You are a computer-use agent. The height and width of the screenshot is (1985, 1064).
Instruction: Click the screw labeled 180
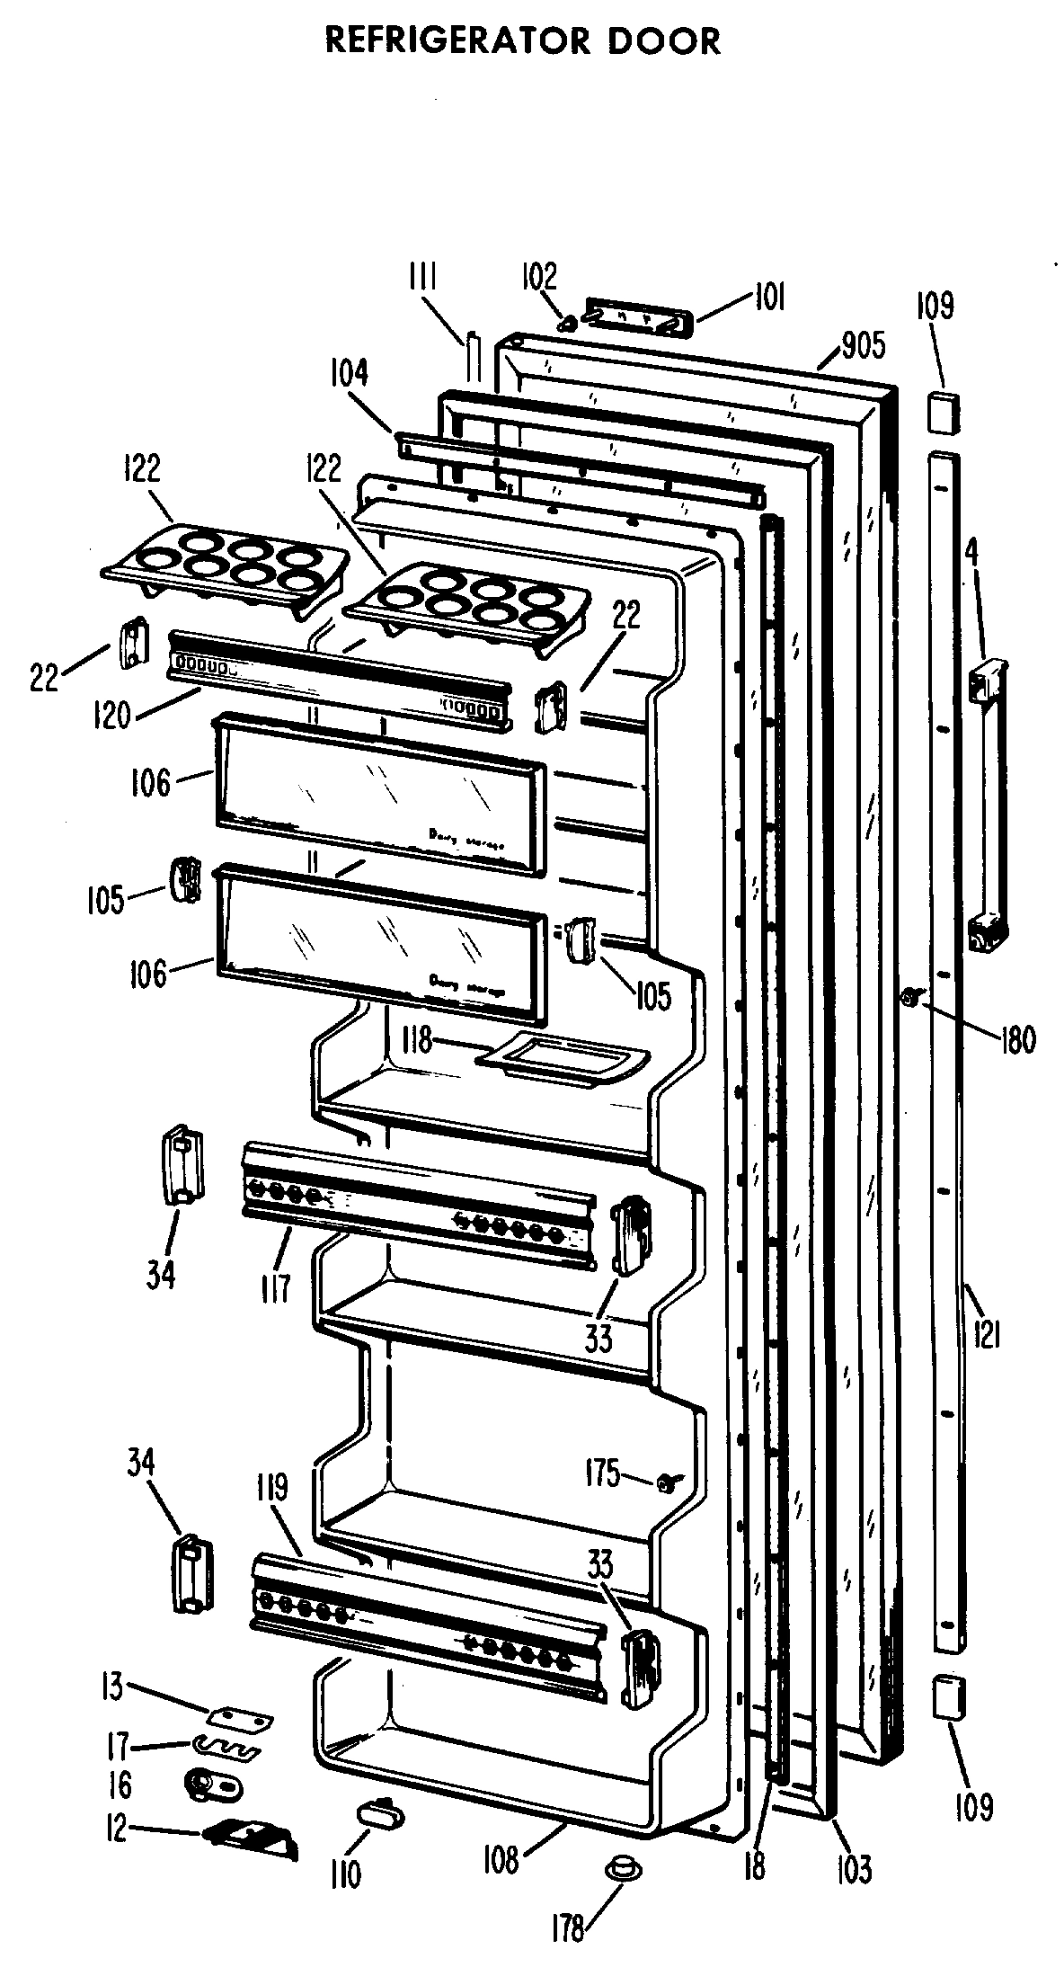(x=911, y=996)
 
